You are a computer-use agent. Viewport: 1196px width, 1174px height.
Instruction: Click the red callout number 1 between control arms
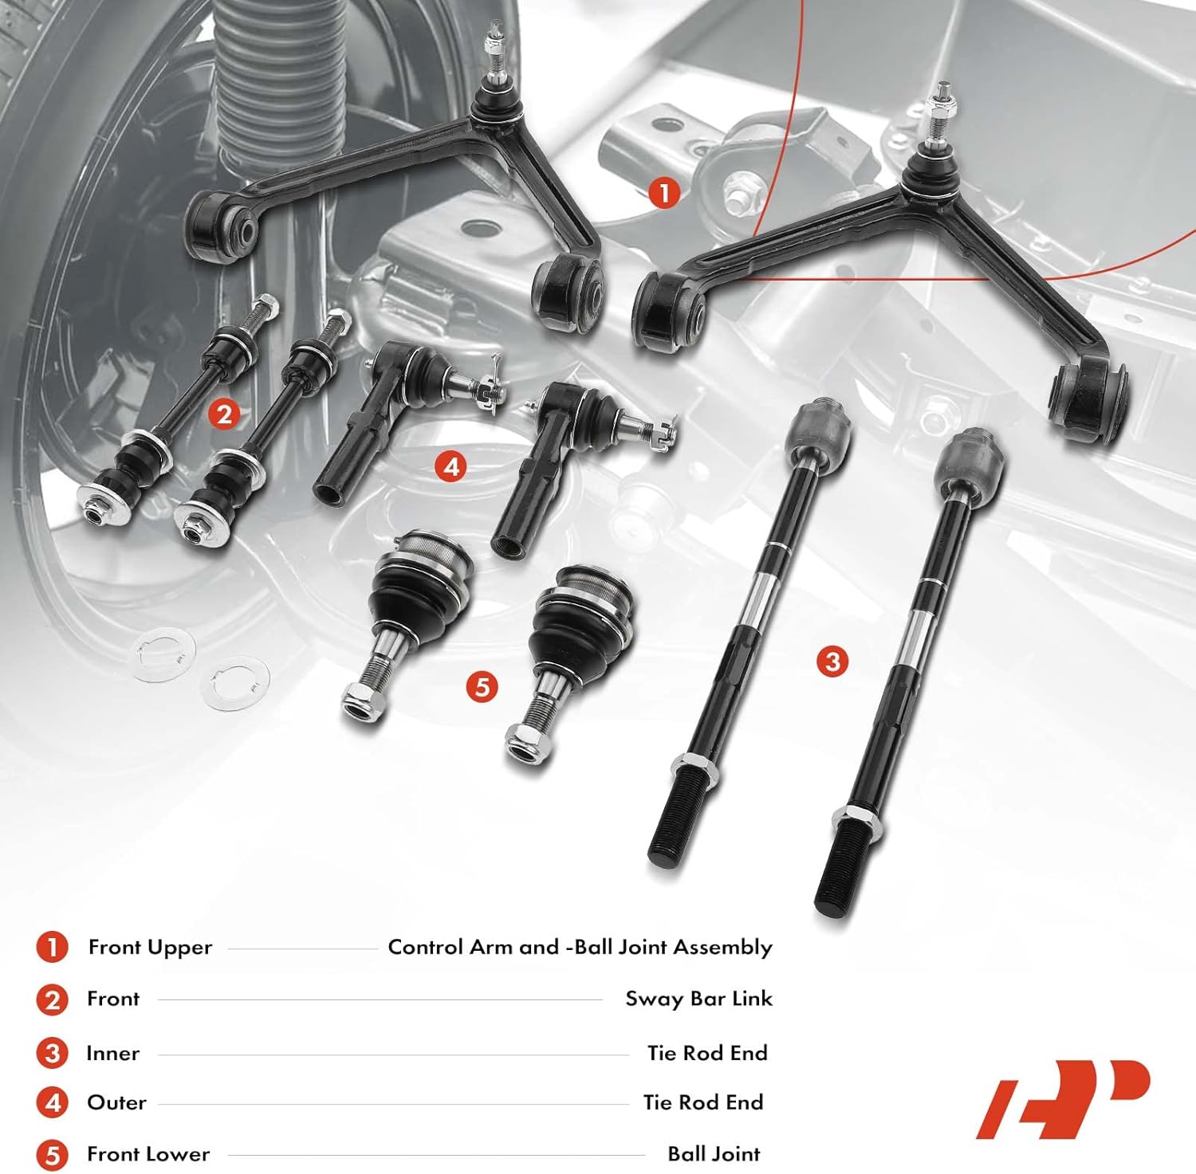[x=664, y=193]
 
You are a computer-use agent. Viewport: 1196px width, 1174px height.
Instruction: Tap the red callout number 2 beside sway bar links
[x=224, y=414]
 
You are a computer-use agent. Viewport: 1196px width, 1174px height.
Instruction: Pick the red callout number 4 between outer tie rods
[x=451, y=466]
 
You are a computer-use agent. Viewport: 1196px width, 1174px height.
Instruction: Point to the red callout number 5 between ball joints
[x=482, y=686]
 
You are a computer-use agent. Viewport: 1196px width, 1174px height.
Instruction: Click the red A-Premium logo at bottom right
[x=1064, y=1099]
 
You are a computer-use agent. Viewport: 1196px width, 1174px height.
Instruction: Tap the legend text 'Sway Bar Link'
[x=698, y=999]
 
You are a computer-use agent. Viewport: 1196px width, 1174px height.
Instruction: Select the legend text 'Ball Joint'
[x=714, y=1153]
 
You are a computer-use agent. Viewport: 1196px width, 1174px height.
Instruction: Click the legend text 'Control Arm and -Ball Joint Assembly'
[x=580, y=947]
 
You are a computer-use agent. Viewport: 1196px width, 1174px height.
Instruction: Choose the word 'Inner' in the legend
[x=112, y=1053]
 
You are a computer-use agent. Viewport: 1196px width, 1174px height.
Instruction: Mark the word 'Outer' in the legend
[x=116, y=1102]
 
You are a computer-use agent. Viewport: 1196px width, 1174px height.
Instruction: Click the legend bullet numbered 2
[x=53, y=999]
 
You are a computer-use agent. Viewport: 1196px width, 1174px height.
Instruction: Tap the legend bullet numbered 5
[x=53, y=1154]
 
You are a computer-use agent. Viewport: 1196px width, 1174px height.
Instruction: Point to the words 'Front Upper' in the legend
[x=150, y=947]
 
